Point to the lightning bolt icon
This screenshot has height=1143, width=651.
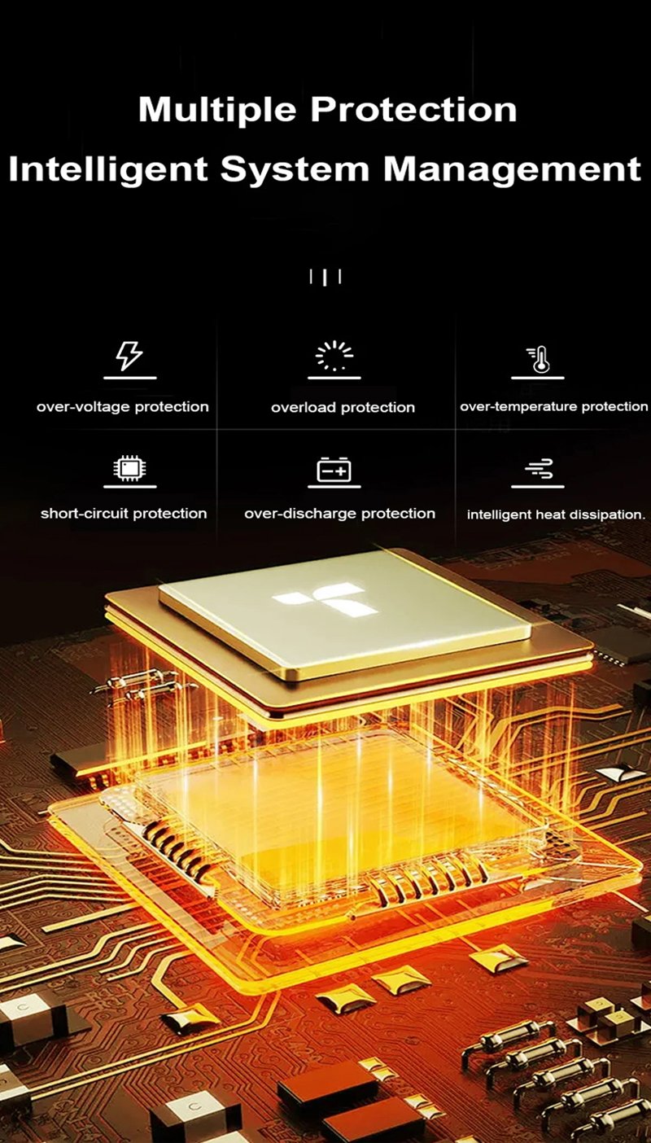(129, 355)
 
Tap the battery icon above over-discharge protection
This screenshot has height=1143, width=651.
(334, 469)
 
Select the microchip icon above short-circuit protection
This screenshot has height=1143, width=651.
(129, 467)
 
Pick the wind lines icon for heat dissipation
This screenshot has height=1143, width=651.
(538, 468)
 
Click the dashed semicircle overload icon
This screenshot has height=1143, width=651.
(334, 355)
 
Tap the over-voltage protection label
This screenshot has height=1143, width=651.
(123, 407)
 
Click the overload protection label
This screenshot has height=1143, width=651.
(343, 407)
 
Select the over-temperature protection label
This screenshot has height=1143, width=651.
(554, 407)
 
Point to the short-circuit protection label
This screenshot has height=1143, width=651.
(124, 514)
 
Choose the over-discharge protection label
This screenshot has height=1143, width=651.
(340, 514)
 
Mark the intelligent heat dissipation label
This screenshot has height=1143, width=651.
(556, 515)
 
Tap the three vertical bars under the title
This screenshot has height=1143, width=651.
(325, 277)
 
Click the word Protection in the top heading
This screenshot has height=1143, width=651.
(413, 110)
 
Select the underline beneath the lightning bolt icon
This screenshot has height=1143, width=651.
(129, 378)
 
